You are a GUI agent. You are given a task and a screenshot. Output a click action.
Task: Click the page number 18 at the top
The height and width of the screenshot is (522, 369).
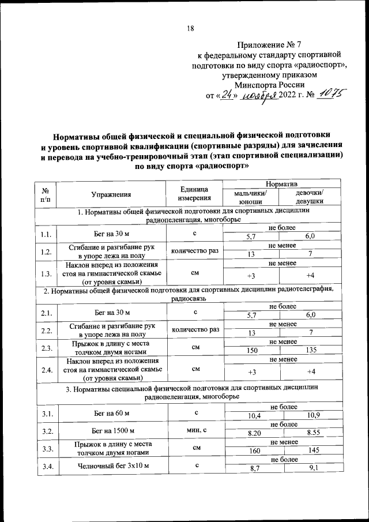[x=190, y=29]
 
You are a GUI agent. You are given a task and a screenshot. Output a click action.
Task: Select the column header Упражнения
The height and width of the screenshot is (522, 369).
[x=111, y=194]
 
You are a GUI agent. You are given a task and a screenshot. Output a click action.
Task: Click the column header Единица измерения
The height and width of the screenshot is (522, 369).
[x=194, y=194]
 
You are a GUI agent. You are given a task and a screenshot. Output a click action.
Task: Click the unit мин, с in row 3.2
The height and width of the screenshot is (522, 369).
[x=195, y=429]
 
